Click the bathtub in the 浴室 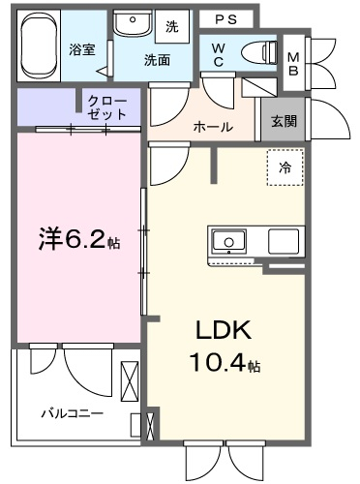pyautogui.click(x=41, y=45)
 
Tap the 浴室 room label pyautogui.click(x=81, y=49)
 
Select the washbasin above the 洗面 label pyautogui.click(x=133, y=23)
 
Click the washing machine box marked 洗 pyautogui.click(x=172, y=26)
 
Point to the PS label pyautogui.click(x=225, y=20)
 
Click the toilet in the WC pyautogui.click(x=258, y=51)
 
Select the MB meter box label pyautogui.click(x=293, y=64)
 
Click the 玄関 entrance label pyautogui.click(x=284, y=121)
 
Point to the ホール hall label pyautogui.click(x=213, y=127)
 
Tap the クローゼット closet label pyautogui.click(x=107, y=107)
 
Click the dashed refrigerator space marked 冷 pyautogui.click(x=285, y=167)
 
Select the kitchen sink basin pyautogui.click(x=228, y=241)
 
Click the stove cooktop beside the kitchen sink pyautogui.click(x=284, y=241)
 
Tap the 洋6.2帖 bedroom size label pyautogui.click(x=79, y=240)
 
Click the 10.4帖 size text pyautogui.click(x=225, y=362)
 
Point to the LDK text pyautogui.click(x=224, y=330)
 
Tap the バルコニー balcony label pyautogui.click(x=73, y=413)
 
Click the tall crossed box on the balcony pyautogui.click(x=130, y=381)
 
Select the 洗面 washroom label pyautogui.click(x=157, y=60)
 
